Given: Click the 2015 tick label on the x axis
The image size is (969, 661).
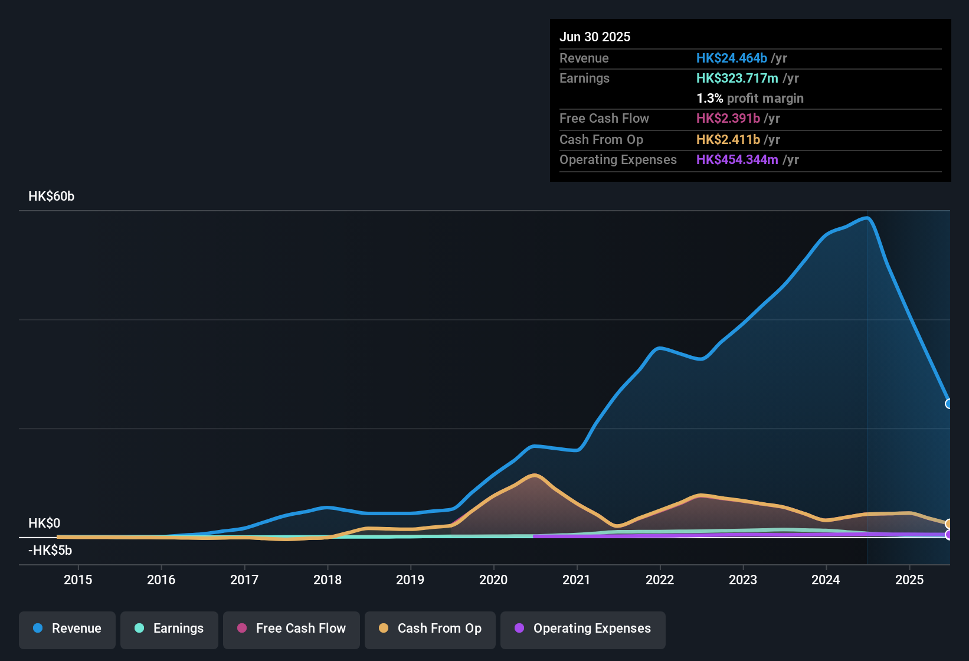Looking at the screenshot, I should [78, 580].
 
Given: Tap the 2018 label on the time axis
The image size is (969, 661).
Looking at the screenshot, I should [328, 580].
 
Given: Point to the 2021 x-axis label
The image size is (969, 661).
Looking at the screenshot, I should [577, 580].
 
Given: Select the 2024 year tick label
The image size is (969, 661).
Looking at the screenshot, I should [826, 580].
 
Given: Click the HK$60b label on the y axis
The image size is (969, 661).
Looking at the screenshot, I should [51, 197].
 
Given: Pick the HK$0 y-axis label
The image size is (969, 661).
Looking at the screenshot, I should [44, 523].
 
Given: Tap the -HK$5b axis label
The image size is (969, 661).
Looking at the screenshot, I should [50, 551].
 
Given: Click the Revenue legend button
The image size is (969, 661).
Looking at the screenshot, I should [67, 629].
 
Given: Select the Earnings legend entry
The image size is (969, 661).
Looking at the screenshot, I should [169, 629].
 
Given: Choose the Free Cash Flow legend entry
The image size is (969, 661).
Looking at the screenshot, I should [292, 629].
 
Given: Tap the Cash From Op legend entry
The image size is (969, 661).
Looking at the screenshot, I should [430, 629].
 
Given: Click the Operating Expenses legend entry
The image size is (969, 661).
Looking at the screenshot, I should [583, 629].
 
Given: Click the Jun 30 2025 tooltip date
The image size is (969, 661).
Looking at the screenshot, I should [595, 37].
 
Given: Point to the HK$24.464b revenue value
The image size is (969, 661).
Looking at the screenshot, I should [732, 58].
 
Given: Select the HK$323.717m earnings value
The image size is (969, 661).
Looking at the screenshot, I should [737, 78].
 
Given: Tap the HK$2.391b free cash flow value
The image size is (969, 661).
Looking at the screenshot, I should [728, 118].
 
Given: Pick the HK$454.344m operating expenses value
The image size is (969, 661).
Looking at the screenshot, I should [737, 159].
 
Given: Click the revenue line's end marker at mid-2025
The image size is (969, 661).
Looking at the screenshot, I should [949, 404].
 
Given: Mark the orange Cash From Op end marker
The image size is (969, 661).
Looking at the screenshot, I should [949, 523].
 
